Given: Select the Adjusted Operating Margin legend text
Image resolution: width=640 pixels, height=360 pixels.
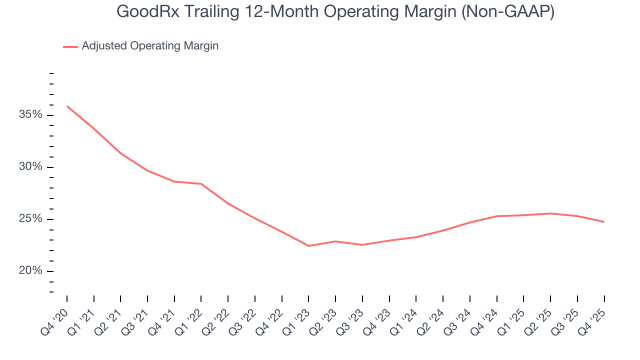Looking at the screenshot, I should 150,46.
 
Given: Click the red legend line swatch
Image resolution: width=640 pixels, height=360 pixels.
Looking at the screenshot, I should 70,46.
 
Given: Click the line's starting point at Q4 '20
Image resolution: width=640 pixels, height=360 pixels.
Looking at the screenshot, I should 67,106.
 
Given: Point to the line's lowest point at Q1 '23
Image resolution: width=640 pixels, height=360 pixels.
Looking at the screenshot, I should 308,246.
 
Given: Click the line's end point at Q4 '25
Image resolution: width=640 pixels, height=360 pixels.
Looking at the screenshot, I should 604,222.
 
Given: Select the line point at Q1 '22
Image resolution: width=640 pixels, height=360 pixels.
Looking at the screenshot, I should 201,184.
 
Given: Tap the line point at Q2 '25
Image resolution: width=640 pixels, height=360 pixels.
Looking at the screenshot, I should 550,213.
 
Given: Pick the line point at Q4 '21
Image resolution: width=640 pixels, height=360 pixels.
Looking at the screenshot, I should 174,181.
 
